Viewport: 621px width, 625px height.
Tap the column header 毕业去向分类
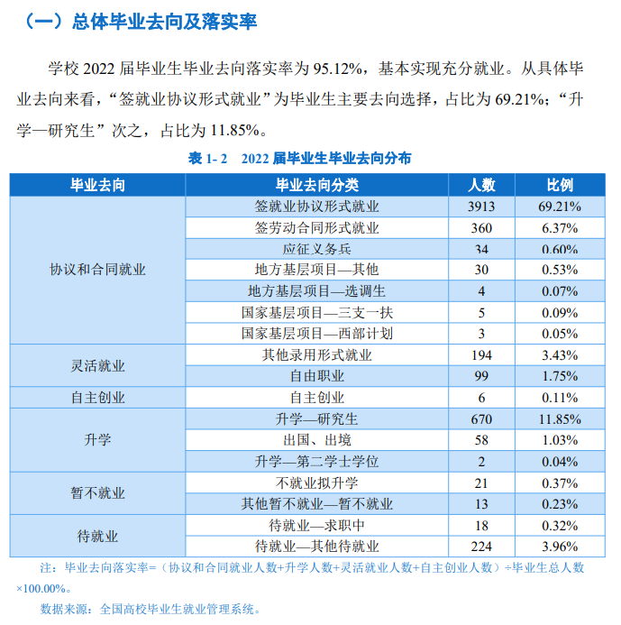tap(316, 185)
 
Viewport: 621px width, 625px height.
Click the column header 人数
tap(481, 185)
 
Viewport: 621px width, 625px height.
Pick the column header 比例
tap(560, 185)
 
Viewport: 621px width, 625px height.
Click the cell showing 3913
tap(481, 207)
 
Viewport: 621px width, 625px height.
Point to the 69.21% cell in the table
tap(560, 207)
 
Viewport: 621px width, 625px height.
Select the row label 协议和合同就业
tap(97, 270)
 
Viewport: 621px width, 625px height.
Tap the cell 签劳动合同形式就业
tap(316, 227)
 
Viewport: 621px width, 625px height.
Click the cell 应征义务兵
tap(316, 249)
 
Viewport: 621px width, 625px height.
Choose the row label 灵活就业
tap(97, 365)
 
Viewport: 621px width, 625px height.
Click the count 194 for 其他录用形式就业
tap(481, 354)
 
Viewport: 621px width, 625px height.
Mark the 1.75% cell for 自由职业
tap(560, 376)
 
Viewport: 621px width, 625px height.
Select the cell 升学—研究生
tap(316, 418)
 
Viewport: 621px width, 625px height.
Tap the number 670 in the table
tap(481, 418)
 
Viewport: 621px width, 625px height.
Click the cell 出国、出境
tap(316, 440)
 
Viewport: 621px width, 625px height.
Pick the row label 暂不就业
tap(97, 493)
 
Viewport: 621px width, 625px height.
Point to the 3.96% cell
tap(560, 546)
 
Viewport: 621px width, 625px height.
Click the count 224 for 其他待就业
tap(481, 546)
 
